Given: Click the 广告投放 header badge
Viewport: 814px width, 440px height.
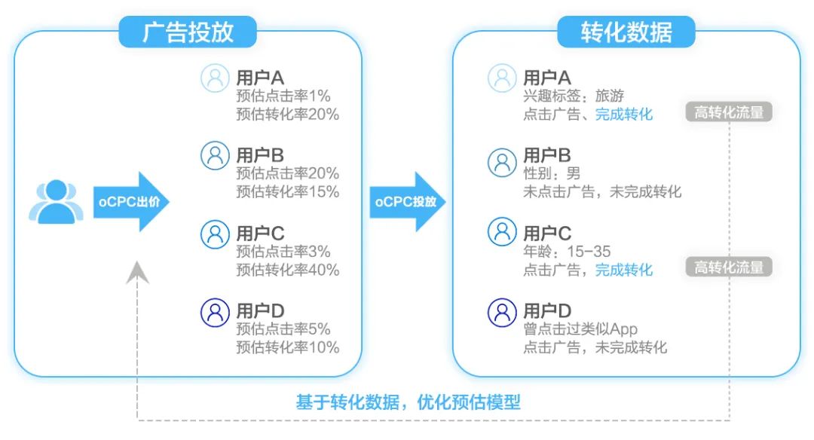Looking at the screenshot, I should tap(188, 32).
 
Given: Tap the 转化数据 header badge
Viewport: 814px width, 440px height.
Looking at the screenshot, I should tap(626, 32).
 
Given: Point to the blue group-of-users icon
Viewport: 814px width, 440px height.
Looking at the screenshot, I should tap(56, 202).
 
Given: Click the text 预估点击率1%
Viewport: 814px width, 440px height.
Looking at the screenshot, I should tap(283, 96).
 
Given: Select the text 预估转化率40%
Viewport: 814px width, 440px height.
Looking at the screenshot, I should tap(287, 270).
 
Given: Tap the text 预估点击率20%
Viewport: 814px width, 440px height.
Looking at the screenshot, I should tap(287, 173).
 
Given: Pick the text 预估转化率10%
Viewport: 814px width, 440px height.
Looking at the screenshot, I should tap(287, 347).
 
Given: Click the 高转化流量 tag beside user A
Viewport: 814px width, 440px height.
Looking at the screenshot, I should tap(728, 113).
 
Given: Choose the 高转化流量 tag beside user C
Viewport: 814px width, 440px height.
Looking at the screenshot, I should tap(728, 267).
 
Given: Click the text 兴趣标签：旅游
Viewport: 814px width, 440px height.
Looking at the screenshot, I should tap(574, 96).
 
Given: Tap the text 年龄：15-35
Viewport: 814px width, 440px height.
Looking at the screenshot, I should tap(567, 252).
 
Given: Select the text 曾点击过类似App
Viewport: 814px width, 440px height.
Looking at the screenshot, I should tap(580, 329).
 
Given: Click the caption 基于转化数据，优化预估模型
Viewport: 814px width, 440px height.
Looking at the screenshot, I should tap(408, 402).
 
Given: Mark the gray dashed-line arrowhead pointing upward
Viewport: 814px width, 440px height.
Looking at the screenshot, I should tap(138, 272).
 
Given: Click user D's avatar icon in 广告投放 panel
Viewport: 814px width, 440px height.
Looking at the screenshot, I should tap(215, 311).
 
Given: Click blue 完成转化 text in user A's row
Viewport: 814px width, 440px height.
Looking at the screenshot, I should tap(624, 114).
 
